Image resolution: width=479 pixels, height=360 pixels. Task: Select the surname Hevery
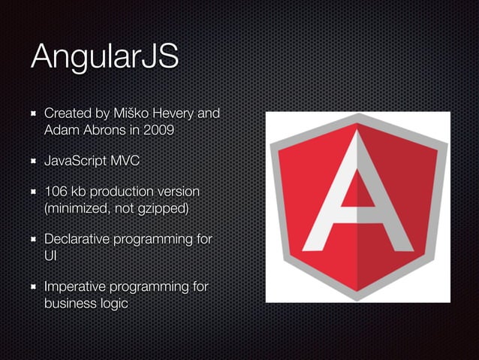click(179, 114)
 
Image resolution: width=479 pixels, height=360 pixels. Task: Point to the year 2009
click(160, 130)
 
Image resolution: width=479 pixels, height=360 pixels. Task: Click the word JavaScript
click(76, 161)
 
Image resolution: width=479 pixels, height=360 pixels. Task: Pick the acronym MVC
click(125, 161)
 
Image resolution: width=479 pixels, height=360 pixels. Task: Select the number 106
click(57, 192)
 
